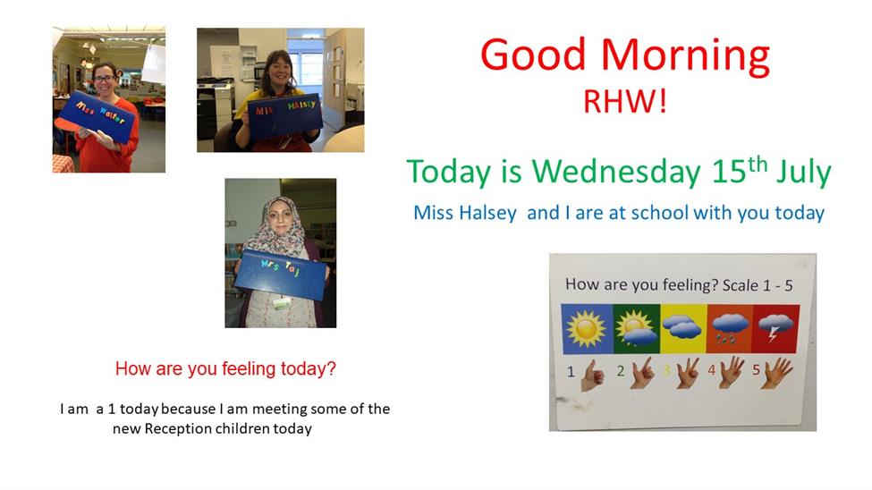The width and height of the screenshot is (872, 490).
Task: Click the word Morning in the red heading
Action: pos(685,56)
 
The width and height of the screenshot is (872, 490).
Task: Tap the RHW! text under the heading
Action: pos(624,102)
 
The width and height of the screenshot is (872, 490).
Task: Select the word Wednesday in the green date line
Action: pos(616,172)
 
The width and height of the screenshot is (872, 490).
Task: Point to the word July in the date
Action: pos(804,173)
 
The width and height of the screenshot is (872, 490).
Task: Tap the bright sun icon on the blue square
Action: pos(586,329)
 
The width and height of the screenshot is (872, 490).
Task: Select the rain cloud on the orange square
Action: pos(730,328)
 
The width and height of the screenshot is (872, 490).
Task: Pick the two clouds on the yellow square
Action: pos(682,327)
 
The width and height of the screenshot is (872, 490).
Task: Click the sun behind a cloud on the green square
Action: pos(635,328)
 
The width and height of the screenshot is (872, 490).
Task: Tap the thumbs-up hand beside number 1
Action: pos(592,376)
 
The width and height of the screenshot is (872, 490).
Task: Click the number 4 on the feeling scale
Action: pos(711,369)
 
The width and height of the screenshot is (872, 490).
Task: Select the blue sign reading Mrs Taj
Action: pos(281,275)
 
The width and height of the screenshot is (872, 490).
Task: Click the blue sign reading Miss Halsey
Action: pos(285,115)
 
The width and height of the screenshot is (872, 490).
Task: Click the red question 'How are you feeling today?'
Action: pos(225,368)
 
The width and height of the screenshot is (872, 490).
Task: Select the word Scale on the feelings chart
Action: pos(741,285)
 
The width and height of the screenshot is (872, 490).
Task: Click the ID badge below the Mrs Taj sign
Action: pos(282,302)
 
